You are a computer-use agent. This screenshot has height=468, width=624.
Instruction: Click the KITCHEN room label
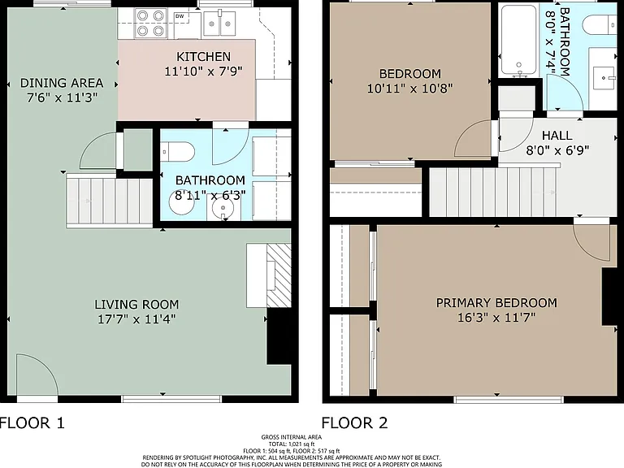click(x=203, y=57)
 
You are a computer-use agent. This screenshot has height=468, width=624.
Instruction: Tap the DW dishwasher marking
click(x=180, y=16)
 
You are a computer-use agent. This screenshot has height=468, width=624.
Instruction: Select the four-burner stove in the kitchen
click(x=149, y=23)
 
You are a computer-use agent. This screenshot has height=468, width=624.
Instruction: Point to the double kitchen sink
click(x=219, y=23)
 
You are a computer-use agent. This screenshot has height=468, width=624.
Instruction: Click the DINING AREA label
click(x=62, y=83)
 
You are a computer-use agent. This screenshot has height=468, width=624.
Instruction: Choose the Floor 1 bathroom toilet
click(x=178, y=152)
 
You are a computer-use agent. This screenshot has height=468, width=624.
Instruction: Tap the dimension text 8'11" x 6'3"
click(x=210, y=195)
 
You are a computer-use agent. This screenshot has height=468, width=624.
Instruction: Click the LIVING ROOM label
click(x=136, y=305)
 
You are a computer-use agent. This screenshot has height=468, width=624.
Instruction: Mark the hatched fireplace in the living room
click(x=279, y=275)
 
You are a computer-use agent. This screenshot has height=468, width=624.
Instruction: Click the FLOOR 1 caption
click(x=32, y=422)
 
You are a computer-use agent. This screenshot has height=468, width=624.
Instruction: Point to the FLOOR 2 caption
click(x=354, y=422)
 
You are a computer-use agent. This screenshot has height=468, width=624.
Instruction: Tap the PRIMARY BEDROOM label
click(x=496, y=303)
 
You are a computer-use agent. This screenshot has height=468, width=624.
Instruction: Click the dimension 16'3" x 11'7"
click(x=496, y=318)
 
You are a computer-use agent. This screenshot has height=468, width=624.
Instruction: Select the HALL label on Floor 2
click(x=557, y=136)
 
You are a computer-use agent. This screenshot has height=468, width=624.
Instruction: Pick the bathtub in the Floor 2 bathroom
click(x=518, y=40)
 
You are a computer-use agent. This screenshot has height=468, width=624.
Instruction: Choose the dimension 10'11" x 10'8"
click(x=409, y=88)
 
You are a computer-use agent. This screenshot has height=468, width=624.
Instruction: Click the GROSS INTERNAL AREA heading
click(x=292, y=437)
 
